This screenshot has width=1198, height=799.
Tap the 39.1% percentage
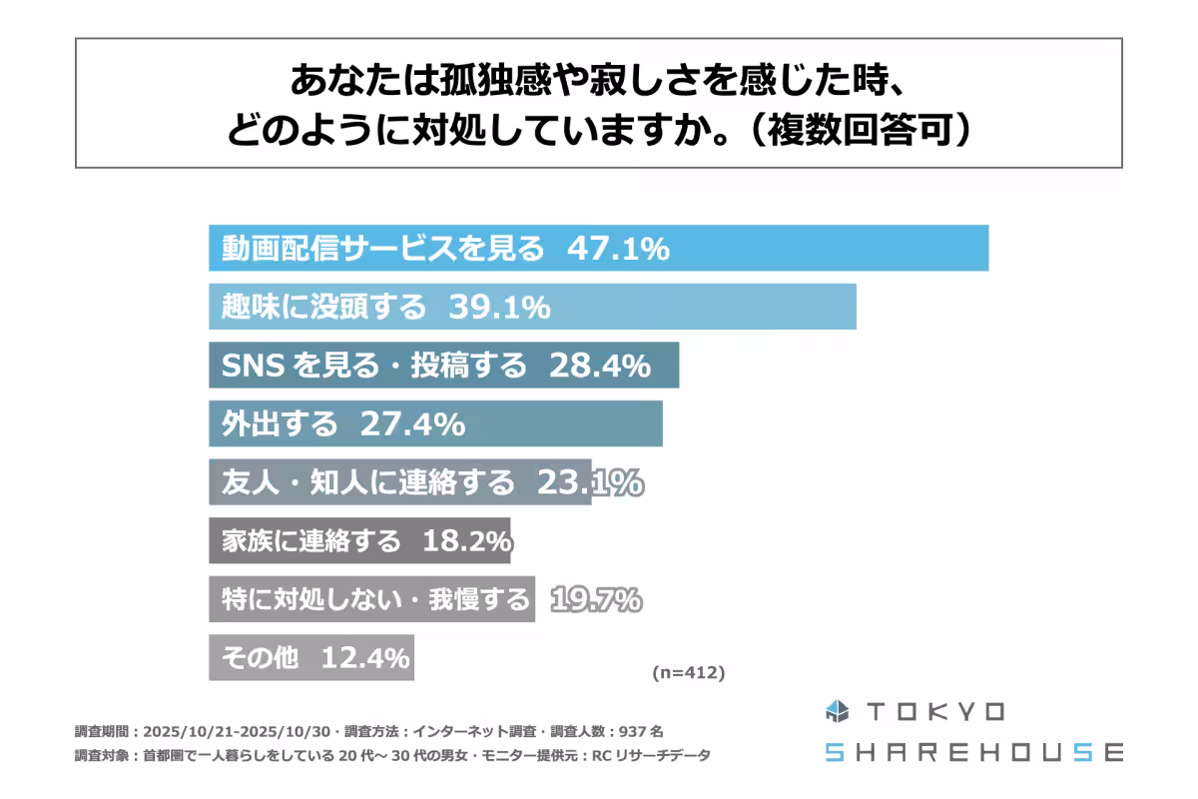pyautogui.click(x=499, y=307)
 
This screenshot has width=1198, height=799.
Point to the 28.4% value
pyautogui.click(x=600, y=366)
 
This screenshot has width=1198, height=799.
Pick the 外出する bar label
pyautogui.click(x=280, y=424)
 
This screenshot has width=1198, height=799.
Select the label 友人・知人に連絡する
pyautogui.click(x=367, y=483)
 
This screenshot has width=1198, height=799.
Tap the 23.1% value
pyautogui.click(x=589, y=483)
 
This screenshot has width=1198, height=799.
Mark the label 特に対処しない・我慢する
pyautogui.click(x=375, y=600)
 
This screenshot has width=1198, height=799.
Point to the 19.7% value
pyautogui.click(x=595, y=600)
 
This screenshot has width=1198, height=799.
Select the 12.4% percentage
pyautogui.click(x=364, y=659)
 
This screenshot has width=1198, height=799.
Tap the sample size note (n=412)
pyautogui.click(x=688, y=673)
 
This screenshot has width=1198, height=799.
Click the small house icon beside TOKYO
pyautogui.click(x=836, y=712)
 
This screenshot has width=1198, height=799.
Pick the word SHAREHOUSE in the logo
pyautogui.click(x=973, y=752)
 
